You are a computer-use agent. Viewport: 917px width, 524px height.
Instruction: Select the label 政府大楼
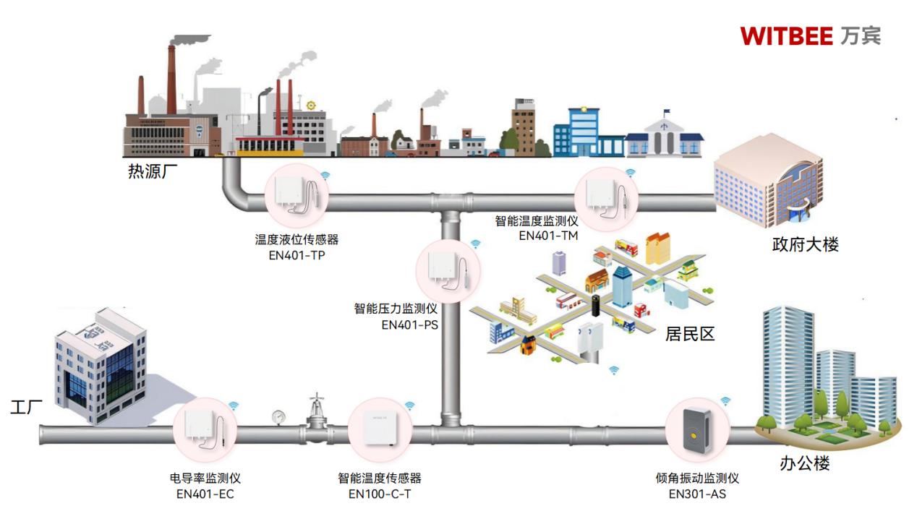805,244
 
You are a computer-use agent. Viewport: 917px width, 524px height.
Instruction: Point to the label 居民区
689,333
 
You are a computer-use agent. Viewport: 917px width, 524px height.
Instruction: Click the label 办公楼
805,463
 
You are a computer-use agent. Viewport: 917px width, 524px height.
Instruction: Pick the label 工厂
26,407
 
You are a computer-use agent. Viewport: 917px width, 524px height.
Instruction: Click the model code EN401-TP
297,254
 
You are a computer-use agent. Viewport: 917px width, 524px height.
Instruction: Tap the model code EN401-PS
409,325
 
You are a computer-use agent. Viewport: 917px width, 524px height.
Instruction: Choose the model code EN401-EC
205,494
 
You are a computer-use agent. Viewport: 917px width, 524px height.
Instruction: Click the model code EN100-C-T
380,494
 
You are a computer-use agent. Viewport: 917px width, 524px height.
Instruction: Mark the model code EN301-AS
697,494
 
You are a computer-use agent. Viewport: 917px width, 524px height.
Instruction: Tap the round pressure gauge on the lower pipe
279,416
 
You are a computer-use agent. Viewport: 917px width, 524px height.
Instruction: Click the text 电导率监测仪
205,478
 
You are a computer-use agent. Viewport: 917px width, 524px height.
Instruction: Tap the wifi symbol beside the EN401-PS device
475,244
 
